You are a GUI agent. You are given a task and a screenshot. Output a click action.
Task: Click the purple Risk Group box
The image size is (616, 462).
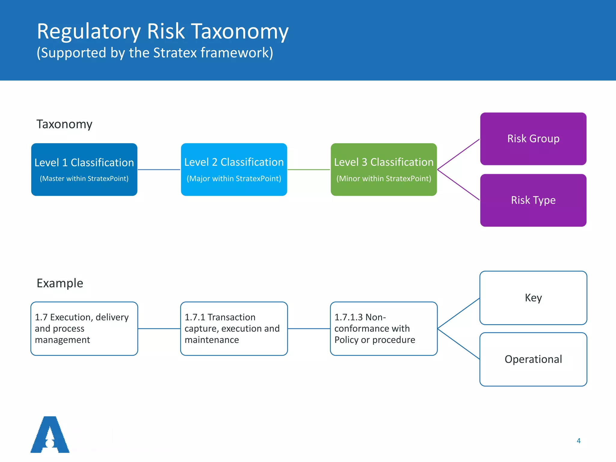coord(533,139)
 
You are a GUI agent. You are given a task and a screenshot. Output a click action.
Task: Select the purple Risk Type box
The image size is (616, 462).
coord(533,200)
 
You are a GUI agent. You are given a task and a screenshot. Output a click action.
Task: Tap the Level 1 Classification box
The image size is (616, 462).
coord(84,169)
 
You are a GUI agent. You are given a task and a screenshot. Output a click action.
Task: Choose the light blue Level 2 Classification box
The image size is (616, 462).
coord(234,169)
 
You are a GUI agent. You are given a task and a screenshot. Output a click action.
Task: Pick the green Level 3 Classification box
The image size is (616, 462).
coord(383,169)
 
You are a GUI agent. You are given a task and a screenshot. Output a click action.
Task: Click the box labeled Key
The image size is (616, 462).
coord(533,298)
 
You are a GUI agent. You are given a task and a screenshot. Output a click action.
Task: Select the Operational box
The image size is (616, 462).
coord(533,359)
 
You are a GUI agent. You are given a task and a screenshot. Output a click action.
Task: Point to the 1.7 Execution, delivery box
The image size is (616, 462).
coord(84,328)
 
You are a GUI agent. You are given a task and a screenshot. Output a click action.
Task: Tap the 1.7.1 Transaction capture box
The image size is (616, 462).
coord(234,328)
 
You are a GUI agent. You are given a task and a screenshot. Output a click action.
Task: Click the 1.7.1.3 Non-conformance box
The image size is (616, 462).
coord(383,328)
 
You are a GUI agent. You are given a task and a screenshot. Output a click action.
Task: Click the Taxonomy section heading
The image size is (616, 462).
coord(64,124)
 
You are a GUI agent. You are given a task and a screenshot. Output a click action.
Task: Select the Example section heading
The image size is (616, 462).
coord(60,283)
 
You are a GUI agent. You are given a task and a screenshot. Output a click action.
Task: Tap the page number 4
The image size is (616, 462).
coord(578,441)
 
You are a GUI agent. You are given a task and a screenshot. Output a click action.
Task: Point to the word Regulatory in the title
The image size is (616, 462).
coord(89,31)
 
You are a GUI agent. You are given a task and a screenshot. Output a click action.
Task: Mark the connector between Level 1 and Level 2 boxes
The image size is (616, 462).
coord(159,170)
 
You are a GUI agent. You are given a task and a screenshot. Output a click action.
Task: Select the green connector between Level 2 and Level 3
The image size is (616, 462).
coord(309,170)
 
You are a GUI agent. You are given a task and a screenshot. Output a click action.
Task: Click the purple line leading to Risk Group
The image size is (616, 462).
coord(458,154)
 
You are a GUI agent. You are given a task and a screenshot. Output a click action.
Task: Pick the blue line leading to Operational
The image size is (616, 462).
coord(458,344)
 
